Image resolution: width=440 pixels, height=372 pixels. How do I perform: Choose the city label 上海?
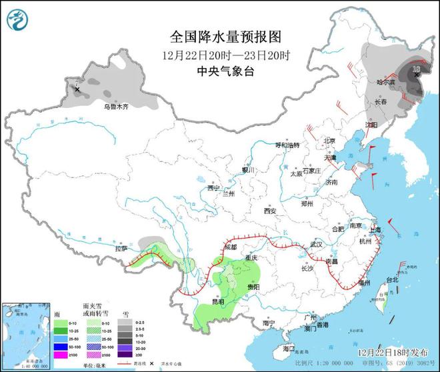[x=373, y=229]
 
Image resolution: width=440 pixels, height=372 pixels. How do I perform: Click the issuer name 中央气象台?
[x=217, y=71]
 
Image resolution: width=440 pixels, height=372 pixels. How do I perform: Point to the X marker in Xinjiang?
[x=77, y=89]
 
